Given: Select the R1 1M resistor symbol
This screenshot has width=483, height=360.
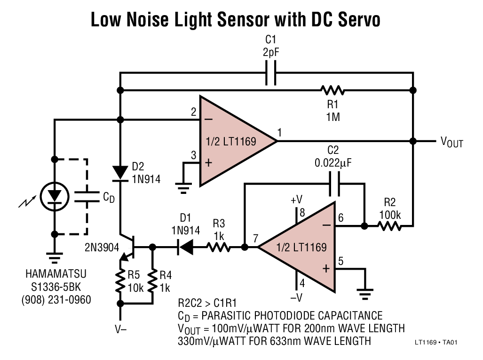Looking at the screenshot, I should [332, 90].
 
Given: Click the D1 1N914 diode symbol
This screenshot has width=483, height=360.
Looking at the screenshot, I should [186, 247].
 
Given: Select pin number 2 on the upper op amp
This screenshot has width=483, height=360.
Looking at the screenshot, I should [193, 112].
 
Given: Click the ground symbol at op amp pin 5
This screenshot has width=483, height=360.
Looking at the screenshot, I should [365, 292].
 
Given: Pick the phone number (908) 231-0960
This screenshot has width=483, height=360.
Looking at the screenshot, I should [56, 299].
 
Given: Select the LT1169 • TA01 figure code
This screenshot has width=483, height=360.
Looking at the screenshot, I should [436, 343].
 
